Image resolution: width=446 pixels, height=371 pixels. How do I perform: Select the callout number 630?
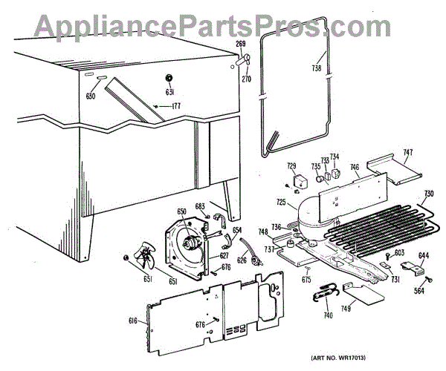click(91, 96)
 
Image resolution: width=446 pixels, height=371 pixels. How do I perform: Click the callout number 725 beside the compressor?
click(281, 202)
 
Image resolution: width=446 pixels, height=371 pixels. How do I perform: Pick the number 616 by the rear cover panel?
click(132, 320)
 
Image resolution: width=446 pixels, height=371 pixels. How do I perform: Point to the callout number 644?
click(423, 257)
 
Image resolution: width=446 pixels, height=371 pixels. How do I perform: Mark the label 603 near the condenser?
click(399, 254)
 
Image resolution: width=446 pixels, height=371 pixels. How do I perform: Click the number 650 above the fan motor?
click(182, 212)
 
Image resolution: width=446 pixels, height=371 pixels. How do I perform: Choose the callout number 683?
click(199, 206)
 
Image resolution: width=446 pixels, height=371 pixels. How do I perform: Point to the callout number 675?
click(306, 280)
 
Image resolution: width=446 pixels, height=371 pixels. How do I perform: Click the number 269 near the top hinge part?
click(241, 45)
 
